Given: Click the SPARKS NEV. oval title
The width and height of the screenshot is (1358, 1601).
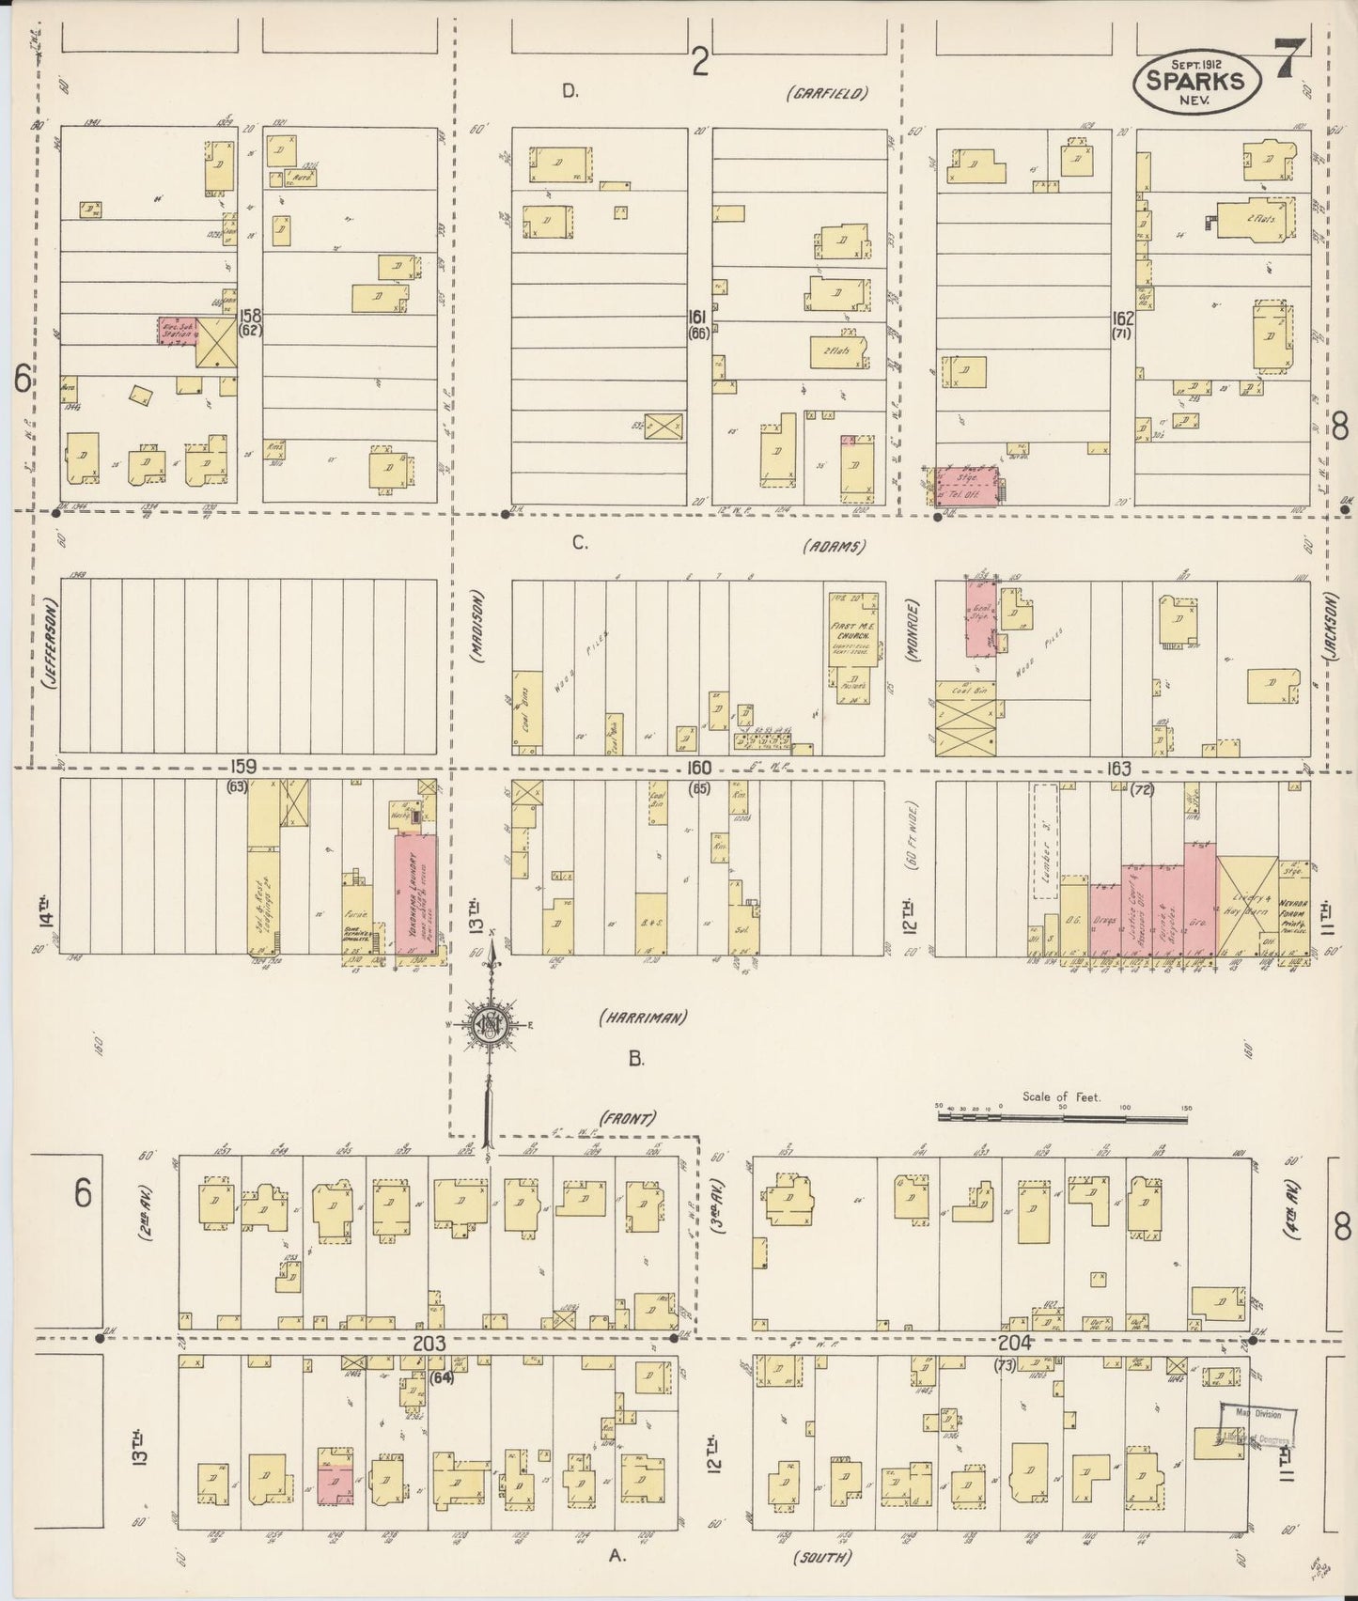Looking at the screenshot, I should tap(1201, 80).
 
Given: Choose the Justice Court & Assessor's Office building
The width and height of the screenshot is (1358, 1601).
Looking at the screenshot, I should tap(1136, 907).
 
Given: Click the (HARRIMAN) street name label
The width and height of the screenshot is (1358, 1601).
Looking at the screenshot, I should tap(644, 1017).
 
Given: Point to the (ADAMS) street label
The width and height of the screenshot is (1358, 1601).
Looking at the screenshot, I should tap(835, 546).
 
